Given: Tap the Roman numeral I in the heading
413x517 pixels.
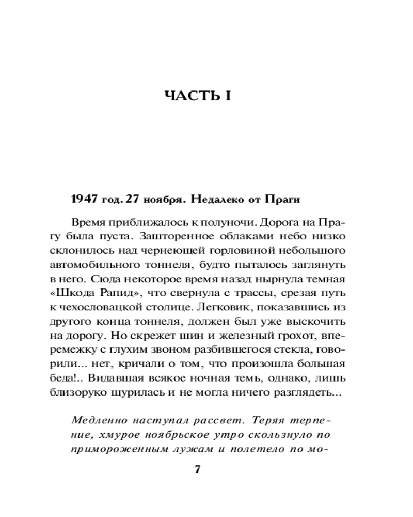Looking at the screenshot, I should pos(227,97).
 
